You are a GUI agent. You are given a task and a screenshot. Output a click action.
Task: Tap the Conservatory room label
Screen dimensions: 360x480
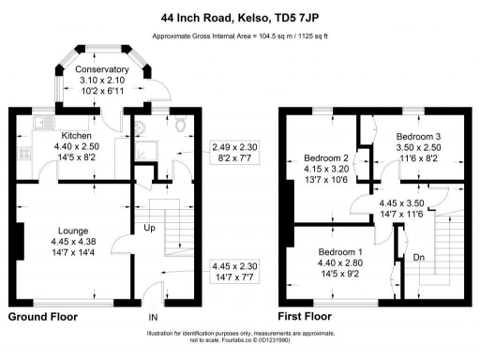tap(102, 69)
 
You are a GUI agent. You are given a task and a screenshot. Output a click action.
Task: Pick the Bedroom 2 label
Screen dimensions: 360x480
tap(325, 157)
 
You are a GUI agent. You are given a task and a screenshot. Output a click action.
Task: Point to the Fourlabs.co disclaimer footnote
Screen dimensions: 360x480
tap(239, 339)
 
